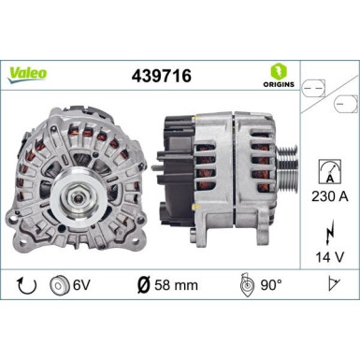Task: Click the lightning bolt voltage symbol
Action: click(x=329, y=226)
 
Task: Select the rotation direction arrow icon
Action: click(x=24, y=284)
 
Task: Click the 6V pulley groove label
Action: click(x=82, y=284)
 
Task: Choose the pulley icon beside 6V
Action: click(x=60, y=284)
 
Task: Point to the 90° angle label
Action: click(x=272, y=284)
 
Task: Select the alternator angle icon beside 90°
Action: click(x=245, y=284)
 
